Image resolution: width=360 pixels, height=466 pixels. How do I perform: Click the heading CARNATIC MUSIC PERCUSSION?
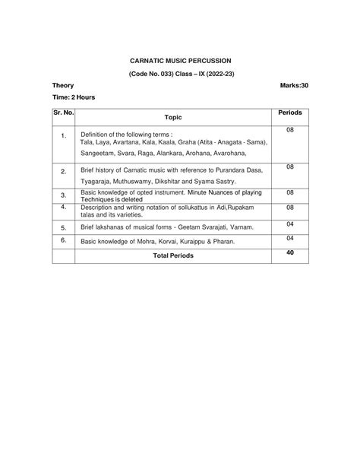pyautogui.click(x=179, y=59)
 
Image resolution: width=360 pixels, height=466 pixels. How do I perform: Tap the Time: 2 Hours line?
pyautogui.click(x=74, y=98)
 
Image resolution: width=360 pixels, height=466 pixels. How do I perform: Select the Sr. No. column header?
pyautogui.click(x=64, y=113)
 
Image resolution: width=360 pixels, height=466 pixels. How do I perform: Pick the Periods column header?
pyautogui.click(x=290, y=113)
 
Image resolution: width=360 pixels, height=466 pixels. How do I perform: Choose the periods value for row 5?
pyautogui.click(x=290, y=223)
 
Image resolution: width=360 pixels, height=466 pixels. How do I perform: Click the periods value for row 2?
pyautogui.click(x=290, y=166)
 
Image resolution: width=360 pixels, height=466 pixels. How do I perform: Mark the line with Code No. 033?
pyautogui.click(x=179, y=73)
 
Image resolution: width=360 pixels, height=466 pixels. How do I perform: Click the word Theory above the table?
pyautogui.click(x=63, y=86)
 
